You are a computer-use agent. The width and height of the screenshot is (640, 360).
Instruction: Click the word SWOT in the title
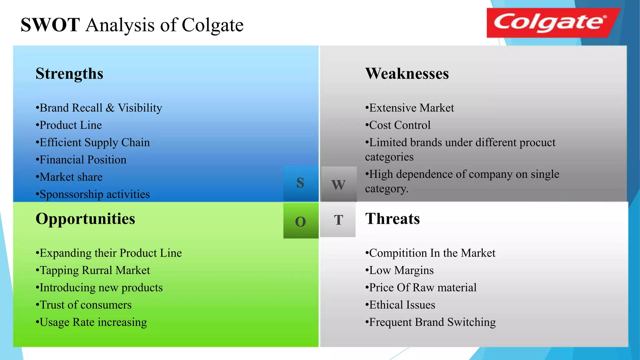point(50,25)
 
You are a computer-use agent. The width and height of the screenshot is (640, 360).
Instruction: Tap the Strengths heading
point(69,74)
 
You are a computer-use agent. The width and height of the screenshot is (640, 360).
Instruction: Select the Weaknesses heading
point(407,74)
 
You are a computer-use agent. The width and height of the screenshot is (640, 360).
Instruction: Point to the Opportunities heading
point(85,219)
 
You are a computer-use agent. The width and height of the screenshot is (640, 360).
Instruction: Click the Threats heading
point(392,219)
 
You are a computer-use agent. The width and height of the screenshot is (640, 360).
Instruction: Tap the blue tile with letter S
point(301,183)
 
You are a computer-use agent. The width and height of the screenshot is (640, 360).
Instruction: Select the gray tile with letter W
point(339,184)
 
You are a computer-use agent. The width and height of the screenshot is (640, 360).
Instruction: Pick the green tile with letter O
point(301,221)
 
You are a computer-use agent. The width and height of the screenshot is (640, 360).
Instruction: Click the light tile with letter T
point(338,220)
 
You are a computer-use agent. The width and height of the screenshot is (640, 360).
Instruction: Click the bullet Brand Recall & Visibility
point(99,108)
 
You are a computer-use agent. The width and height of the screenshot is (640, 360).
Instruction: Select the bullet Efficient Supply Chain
point(93,143)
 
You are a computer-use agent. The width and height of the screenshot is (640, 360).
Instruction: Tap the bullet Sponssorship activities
point(93,194)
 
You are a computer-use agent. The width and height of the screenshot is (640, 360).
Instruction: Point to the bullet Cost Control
point(398,125)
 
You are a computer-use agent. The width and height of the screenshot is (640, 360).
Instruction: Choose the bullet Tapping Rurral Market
point(93,270)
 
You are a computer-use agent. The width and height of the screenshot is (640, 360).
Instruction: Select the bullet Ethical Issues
point(401,305)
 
